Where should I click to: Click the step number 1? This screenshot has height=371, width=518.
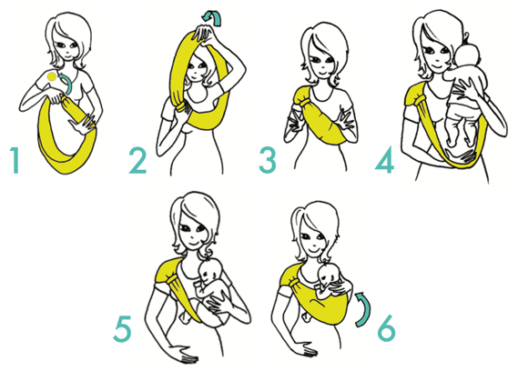click(15, 160)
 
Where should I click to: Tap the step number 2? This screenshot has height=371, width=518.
click(137, 160)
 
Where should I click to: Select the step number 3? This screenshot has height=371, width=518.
click(268, 160)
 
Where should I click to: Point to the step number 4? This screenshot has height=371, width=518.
click(385, 159)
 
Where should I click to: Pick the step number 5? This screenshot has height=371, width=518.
click(122, 329)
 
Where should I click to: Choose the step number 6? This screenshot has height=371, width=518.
click(387, 327)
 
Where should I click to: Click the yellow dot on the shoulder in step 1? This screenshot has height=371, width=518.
click(52, 77)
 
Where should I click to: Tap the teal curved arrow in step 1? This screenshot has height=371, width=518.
click(67, 84)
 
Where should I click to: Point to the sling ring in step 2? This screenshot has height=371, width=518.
click(181, 107)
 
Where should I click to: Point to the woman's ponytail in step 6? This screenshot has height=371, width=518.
click(296, 231)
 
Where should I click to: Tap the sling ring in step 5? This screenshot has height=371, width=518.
click(172, 281)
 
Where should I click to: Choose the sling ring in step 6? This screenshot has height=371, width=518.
click(294, 283)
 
